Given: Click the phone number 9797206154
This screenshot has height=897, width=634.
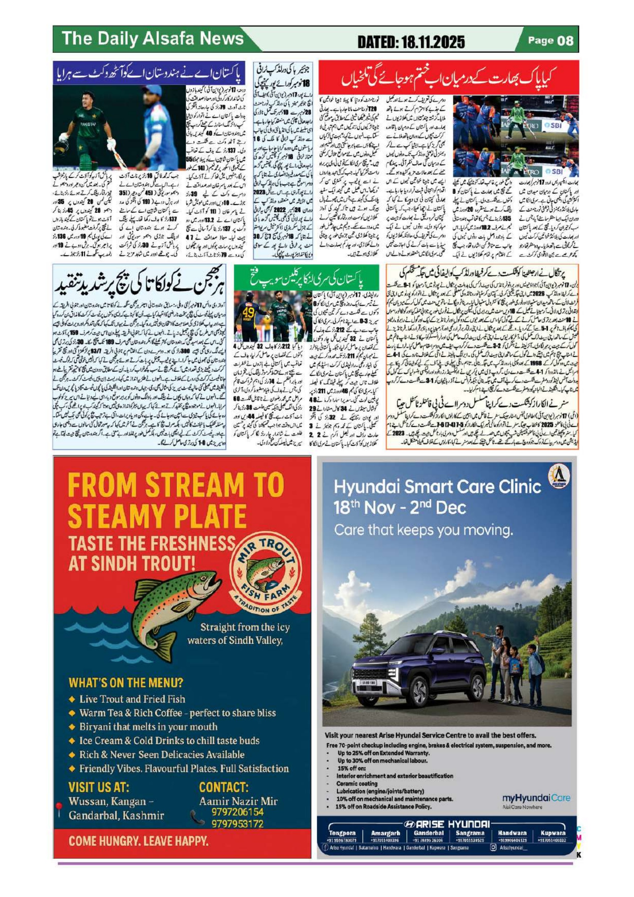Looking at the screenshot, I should point(237,811).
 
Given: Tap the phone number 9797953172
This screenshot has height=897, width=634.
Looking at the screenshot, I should point(237,823).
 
